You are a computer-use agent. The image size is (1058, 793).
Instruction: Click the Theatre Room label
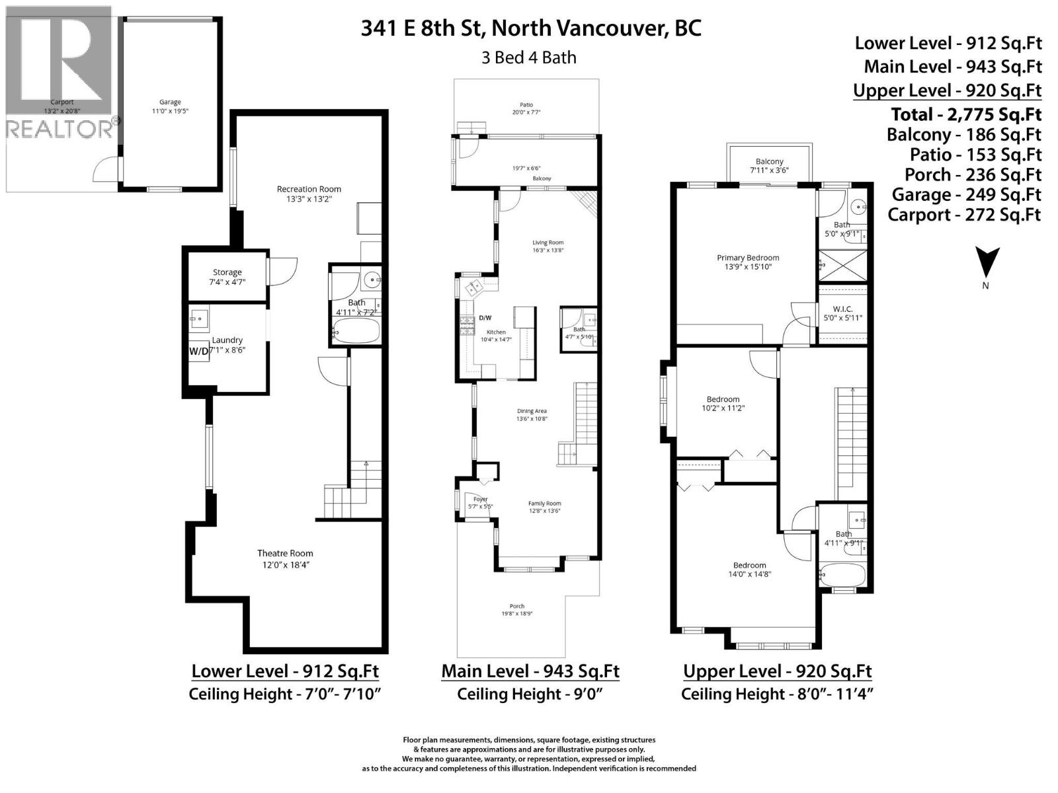click(285, 553)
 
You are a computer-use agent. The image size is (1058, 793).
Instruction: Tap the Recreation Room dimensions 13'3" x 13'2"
click(309, 198)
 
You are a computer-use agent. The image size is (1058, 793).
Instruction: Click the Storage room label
click(227, 272)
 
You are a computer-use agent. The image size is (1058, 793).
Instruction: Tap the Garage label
click(170, 102)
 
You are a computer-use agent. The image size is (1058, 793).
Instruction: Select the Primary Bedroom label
click(748, 258)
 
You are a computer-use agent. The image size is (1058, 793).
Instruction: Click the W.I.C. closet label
click(842, 309)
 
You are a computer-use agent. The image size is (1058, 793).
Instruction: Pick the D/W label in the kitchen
click(485, 318)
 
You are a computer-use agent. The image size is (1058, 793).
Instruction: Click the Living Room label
click(548, 243)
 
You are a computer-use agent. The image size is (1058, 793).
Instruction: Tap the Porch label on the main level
click(516, 606)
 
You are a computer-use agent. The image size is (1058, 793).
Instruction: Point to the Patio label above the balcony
click(526, 104)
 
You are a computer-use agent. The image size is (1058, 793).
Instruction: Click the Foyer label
click(480, 500)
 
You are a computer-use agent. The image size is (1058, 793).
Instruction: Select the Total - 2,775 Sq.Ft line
click(965, 114)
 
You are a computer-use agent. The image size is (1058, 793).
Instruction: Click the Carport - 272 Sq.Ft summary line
click(964, 214)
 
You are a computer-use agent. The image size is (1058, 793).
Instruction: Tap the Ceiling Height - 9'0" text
click(530, 694)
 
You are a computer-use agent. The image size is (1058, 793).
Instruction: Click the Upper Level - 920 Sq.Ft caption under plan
click(777, 671)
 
